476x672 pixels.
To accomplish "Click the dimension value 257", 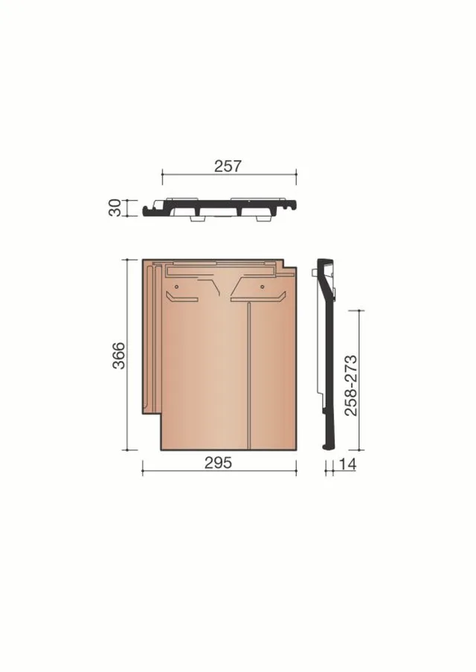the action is pos(228,166).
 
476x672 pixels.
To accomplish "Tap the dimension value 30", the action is pos(115,208).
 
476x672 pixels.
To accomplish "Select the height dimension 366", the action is pos(118,355).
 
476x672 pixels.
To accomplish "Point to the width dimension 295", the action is pos(218,463).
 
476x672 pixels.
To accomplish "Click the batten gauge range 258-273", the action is pos(350,385).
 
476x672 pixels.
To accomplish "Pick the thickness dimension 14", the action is pos(347,464).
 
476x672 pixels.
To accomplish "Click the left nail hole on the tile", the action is pos(176,286).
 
